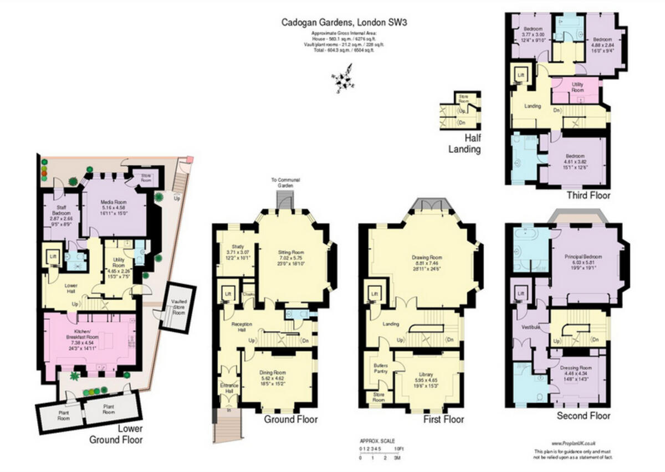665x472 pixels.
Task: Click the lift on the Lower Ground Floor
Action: (x=53, y=258)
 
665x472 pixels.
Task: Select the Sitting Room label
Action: (x=291, y=256)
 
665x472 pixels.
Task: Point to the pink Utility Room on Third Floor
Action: (x=577, y=87)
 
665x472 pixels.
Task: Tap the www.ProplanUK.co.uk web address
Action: (x=573, y=443)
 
